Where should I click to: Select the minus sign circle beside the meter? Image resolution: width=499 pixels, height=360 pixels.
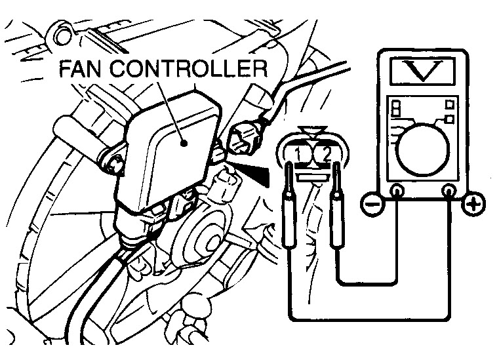(370, 205)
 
